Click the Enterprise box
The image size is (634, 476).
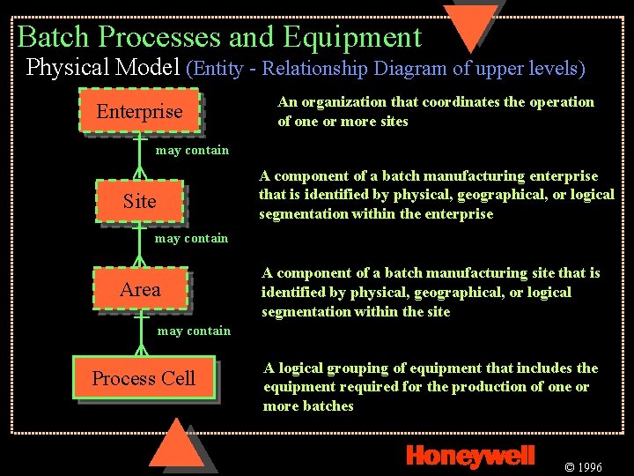pyautogui.click(x=139, y=112)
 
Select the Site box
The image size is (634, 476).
pyautogui.click(x=139, y=202)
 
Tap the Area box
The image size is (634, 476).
pyautogui.click(x=140, y=290)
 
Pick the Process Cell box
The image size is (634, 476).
pyautogui.click(x=144, y=379)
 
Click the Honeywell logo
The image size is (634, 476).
pyautogui.click(x=470, y=455)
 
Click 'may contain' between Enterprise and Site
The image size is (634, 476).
pyautogui.click(x=192, y=151)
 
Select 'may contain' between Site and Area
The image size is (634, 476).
pyautogui.click(x=191, y=238)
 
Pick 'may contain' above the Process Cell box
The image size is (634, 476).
pyautogui.click(x=194, y=331)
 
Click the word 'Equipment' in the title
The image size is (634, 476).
pyautogui.click(x=352, y=37)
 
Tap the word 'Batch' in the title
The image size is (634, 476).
pyautogui.click(x=55, y=37)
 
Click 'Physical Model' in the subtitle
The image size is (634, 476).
pyautogui.click(x=104, y=67)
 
